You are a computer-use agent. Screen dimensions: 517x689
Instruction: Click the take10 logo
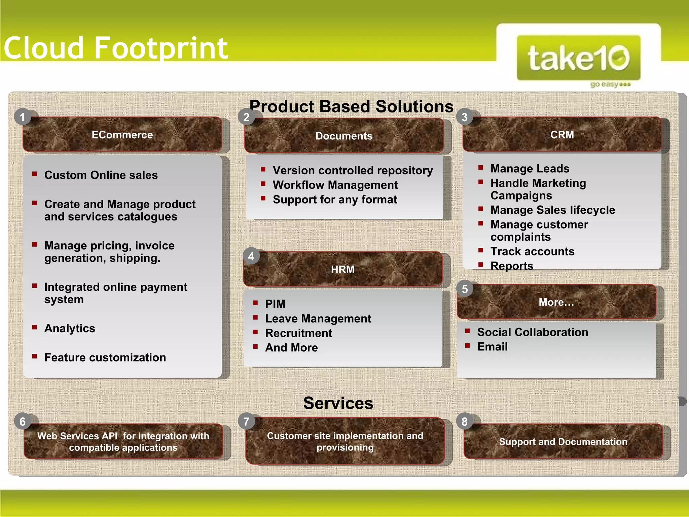(x=578, y=58)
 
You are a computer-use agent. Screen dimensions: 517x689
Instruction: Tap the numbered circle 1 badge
(x=23, y=117)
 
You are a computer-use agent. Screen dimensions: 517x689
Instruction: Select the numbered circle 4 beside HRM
(x=251, y=256)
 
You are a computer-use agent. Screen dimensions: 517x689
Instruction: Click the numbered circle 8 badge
(x=464, y=421)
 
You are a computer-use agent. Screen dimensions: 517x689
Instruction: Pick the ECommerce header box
(x=122, y=135)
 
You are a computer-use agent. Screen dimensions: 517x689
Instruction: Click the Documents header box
(x=344, y=136)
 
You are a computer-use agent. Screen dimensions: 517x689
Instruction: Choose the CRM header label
(x=562, y=135)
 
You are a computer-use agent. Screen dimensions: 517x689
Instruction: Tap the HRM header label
(x=342, y=269)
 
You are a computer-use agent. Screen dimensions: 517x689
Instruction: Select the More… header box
(x=556, y=302)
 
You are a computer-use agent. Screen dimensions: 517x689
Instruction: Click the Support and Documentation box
(x=563, y=442)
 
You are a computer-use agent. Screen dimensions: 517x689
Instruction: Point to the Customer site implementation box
(x=345, y=441)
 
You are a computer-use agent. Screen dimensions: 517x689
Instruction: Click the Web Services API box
(x=123, y=442)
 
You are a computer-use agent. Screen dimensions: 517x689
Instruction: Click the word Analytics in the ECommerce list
(x=70, y=328)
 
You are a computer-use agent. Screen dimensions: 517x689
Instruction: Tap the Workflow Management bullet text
(x=335, y=185)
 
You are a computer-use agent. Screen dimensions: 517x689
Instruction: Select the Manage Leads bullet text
(x=530, y=168)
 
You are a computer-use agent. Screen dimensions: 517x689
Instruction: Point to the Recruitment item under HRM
(x=298, y=333)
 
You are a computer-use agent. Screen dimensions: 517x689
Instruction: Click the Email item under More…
(x=492, y=346)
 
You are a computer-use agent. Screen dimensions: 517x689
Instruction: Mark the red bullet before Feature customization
(x=34, y=356)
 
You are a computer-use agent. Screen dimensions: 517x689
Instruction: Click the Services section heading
(x=338, y=403)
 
